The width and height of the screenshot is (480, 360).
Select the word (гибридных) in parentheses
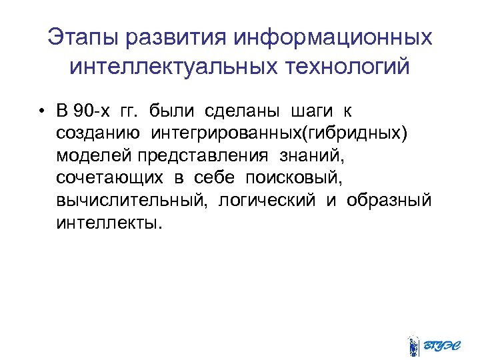click(352, 133)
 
